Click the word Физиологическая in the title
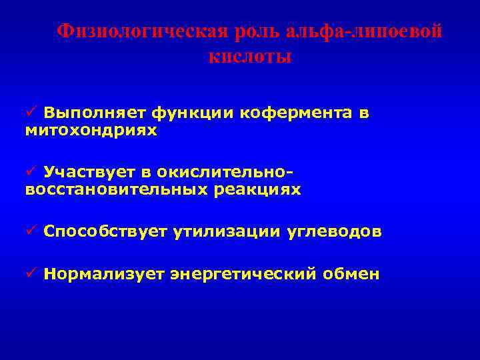pos(140,31)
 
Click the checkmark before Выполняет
pos(31,113)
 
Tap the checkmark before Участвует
pos(31,173)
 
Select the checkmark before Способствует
pos(31,232)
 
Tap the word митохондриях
pos(91,131)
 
